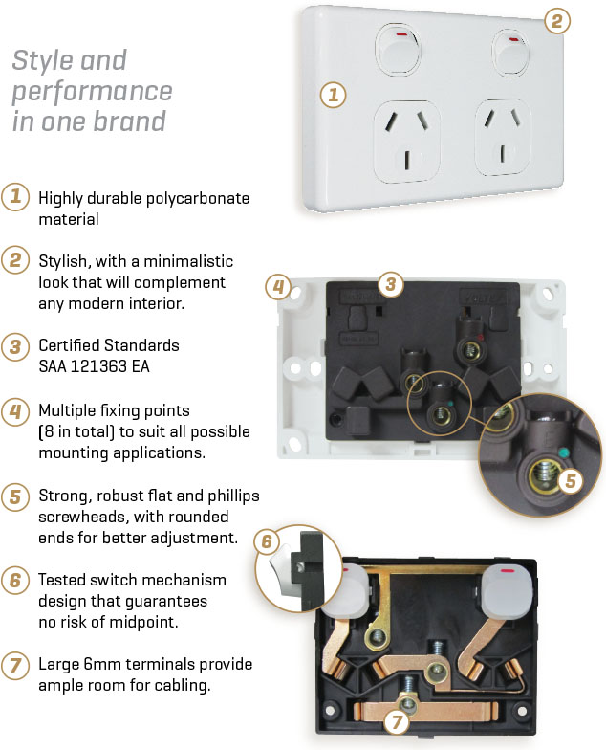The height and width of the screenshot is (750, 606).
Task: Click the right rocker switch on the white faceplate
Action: (x=510, y=54)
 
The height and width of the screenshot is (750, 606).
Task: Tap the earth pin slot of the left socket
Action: (x=407, y=161)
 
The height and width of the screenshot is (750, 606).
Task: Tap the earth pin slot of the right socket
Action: (x=503, y=154)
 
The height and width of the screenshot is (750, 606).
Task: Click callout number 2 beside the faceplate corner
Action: (x=556, y=21)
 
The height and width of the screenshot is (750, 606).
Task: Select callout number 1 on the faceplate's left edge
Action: (x=333, y=95)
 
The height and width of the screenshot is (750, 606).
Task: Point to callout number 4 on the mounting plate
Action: (x=278, y=287)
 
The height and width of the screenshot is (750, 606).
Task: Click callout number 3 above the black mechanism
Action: (x=390, y=284)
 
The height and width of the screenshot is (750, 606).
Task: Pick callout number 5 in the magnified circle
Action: (x=571, y=480)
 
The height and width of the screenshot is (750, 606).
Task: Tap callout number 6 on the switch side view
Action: (x=267, y=541)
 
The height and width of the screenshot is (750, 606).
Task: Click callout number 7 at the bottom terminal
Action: (x=397, y=721)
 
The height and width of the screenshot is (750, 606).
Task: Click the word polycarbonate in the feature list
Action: (x=197, y=199)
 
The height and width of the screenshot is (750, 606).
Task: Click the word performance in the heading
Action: (x=92, y=92)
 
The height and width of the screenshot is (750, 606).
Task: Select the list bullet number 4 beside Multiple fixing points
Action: (x=15, y=411)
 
